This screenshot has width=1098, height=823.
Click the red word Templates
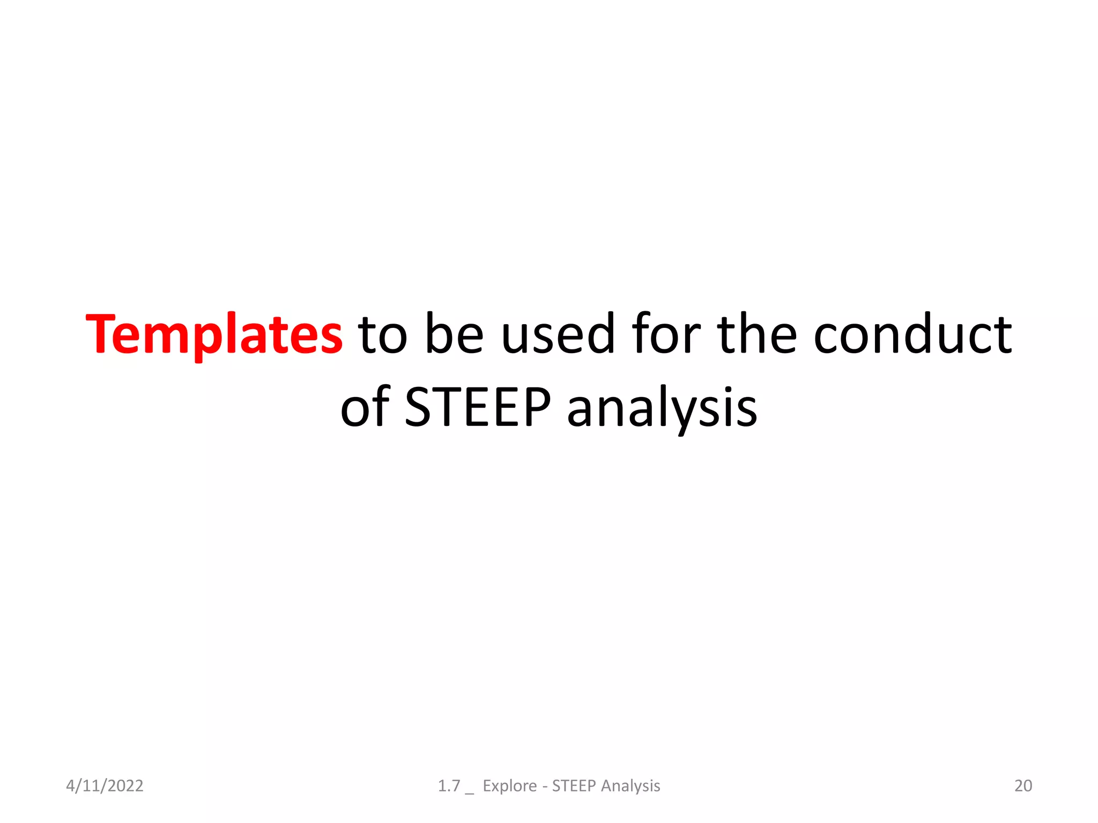coord(214,335)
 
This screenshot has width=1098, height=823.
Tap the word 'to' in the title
coord(383,335)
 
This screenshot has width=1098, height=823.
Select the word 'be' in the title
coord(455,335)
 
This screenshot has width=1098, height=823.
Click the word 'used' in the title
coord(558,335)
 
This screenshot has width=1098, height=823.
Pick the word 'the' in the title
coord(757,335)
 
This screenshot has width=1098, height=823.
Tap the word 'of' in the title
coord(365,408)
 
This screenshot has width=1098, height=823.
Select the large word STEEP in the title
coord(478,408)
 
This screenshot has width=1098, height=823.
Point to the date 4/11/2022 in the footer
coord(105,785)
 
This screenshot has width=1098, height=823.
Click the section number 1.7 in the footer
coord(449,785)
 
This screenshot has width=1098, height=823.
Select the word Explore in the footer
coord(509,785)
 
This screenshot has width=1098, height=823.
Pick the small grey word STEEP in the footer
coord(574,785)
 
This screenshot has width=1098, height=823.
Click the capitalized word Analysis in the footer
coord(630,785)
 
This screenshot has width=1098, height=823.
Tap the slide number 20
coord(1023,785)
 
